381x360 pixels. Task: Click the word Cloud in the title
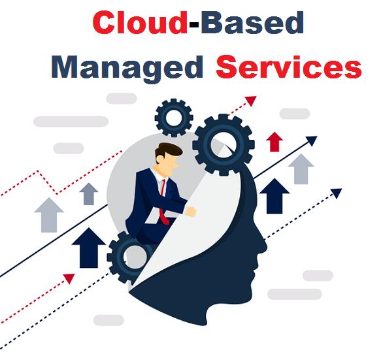pyautogui.click(x=140, y=22)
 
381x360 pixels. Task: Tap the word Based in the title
pyautogui.click(x=252, y=22)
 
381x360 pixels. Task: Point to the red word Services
pyautogui.click(x=289, y=67)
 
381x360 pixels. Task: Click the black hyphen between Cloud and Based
pyautogui.click(x=194, y=24)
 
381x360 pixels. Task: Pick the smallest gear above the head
pyautogui.click(x=174, y=118)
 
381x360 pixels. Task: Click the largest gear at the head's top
pyautogui.click(x=224, y=145)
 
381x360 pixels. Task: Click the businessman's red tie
pyautogui.click(x=164, y=203)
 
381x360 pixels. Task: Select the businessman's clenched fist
pyautogui.click(x=190, y=211)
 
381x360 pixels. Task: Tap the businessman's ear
pyautogui.click(x=159, y=159)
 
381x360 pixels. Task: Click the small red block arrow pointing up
pyautogui.click(x=274, y=142)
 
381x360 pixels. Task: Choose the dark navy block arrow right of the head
pyautogui.click(x=274, y=196)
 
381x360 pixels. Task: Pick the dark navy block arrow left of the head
pyautogui.click(x=89, y=247)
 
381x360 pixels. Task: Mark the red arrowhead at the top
pyautogui.click(x=251, y=101)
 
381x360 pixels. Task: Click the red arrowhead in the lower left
pyautogui.click(x=69, y=278)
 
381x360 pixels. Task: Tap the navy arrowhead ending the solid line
pyautogui.click(x=312, y=140)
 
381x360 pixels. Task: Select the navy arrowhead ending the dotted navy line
pyautogui.click(x=337, y=193)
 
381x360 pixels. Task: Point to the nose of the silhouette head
pyautogui.click(x=265, y=245)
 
